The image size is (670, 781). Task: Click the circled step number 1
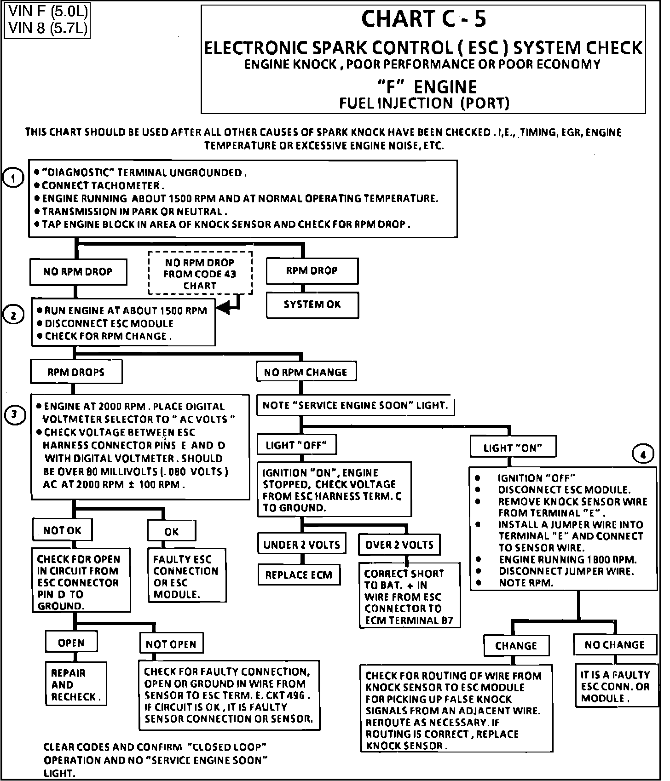[x=13, y=178]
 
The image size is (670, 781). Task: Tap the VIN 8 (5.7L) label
[x=47, y=29]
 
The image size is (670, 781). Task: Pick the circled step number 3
[x=15, y=415]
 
